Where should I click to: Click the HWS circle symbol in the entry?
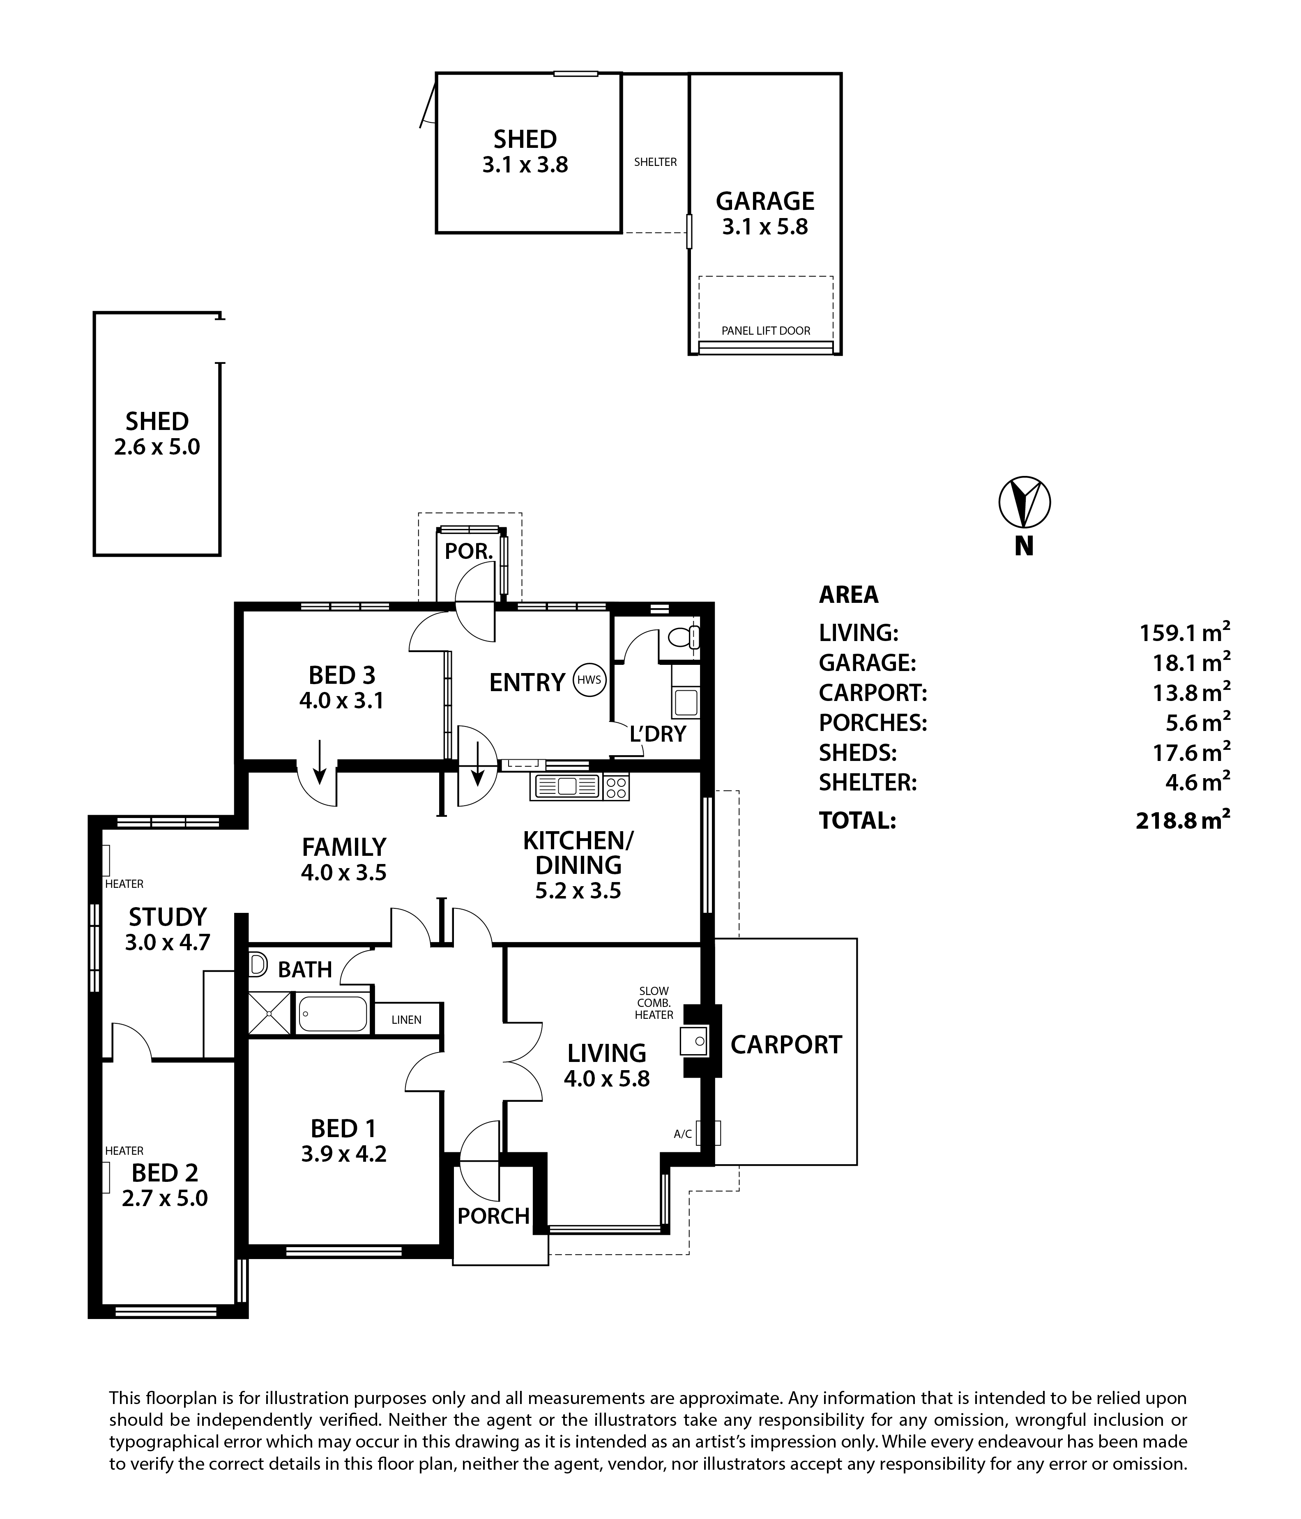pyautogui.click(x=589, y=680)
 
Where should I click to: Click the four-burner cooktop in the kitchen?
pyautogui.click(x=616, y=787)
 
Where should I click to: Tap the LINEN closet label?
pyautogui.click(x=406, y=1020)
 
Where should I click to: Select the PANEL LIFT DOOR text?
pyautogui.click(x=766, y=331)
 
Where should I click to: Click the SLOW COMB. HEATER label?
pyautogui.click(x=654, y=1003)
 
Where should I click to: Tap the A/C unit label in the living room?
pyautogui.click(x=683, y=1134)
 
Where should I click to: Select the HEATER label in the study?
pyautogui.click(x=124, y=884)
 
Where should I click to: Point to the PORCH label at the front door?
pyautogui.click(x=493, y=1216)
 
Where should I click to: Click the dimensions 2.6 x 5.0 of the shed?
pyautogui.click(x=157, y=446)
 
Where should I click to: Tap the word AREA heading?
pyautogui.click(x=849, y=595)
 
